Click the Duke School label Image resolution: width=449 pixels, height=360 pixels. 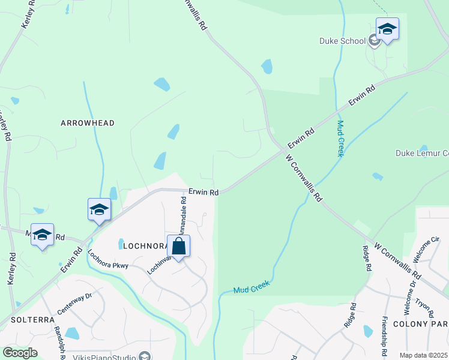tap(342, 41)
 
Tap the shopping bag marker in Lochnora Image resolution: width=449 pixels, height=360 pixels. tap(178, 246)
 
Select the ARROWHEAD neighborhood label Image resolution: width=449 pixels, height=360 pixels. tap(88, 123)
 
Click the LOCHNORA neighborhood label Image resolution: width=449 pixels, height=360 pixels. tap(145, 246)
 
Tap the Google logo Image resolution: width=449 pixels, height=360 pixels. tap(19, 353)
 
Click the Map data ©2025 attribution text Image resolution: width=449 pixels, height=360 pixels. tap(424, 355)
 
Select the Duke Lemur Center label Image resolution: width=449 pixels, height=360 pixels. tap(422, 153)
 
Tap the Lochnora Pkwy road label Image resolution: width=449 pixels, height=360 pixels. tap(108, 261)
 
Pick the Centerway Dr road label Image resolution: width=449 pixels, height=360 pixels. tap(74, 304)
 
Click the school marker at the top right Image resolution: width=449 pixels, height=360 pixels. tap(387, 29)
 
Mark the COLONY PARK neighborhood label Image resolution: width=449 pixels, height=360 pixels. tap(421, 323)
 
